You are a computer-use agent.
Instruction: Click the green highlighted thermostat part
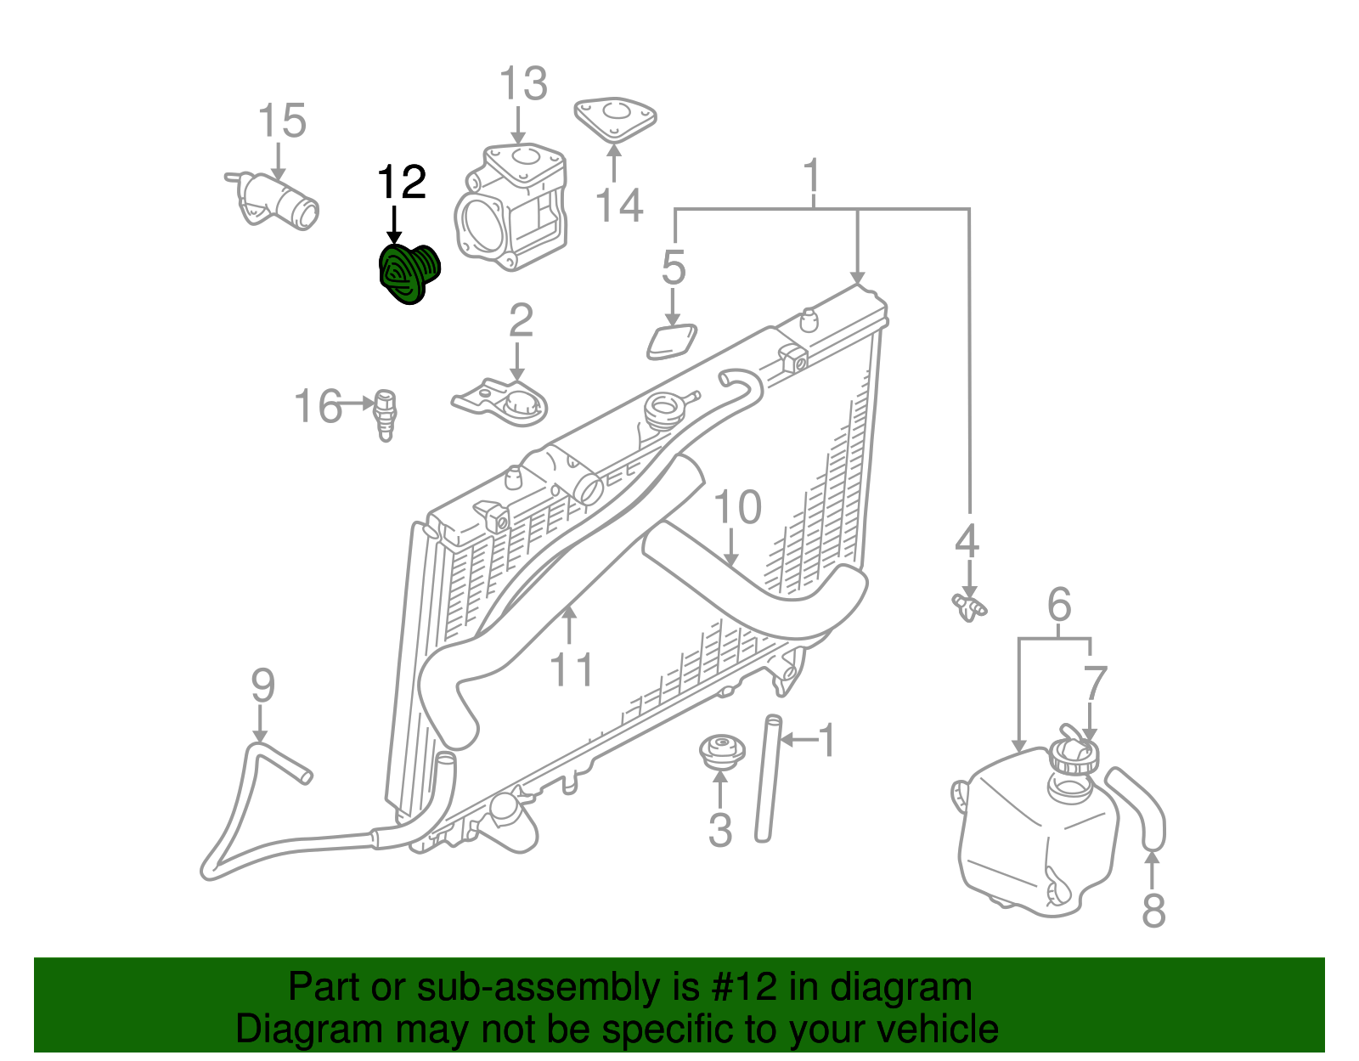pyautogui.click(x=408, y=274)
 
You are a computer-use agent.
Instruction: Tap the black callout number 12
pyautogui.click(x=401, y=183)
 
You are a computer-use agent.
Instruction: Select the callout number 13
pyautogui.click(x=522, y=84)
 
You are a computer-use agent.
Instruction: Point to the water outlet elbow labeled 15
pyautogui.click(x=276, y=201)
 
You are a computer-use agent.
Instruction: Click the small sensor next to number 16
pyautogui.click(x=386, y=414)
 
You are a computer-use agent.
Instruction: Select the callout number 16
pyautogui.click(x=318, y=407)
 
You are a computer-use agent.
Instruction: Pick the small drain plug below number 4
pyautogui.click(x=968, y=607)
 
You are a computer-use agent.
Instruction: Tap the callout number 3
pyautogui.click(x=720, y=830)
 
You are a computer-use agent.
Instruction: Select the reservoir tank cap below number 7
pyautogui.click(x=1074, y=756)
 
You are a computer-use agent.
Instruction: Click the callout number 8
pyautogui.click(x=1153, y=911)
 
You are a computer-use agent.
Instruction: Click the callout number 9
pyautogui.click(x=262, y=685)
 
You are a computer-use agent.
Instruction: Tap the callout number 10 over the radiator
pyautogui.click(x=737, y=508)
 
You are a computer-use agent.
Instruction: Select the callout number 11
pyautogui.click(x=571, y=669)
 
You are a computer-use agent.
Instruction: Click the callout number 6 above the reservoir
pyautogui.click(x=1058, y=605)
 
